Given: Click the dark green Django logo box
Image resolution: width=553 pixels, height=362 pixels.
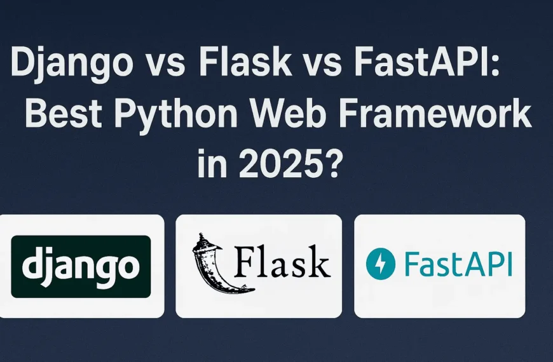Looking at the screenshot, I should [x=81, y=266].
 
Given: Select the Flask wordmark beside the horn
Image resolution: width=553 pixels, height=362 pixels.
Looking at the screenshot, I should [x=283, y=262].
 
